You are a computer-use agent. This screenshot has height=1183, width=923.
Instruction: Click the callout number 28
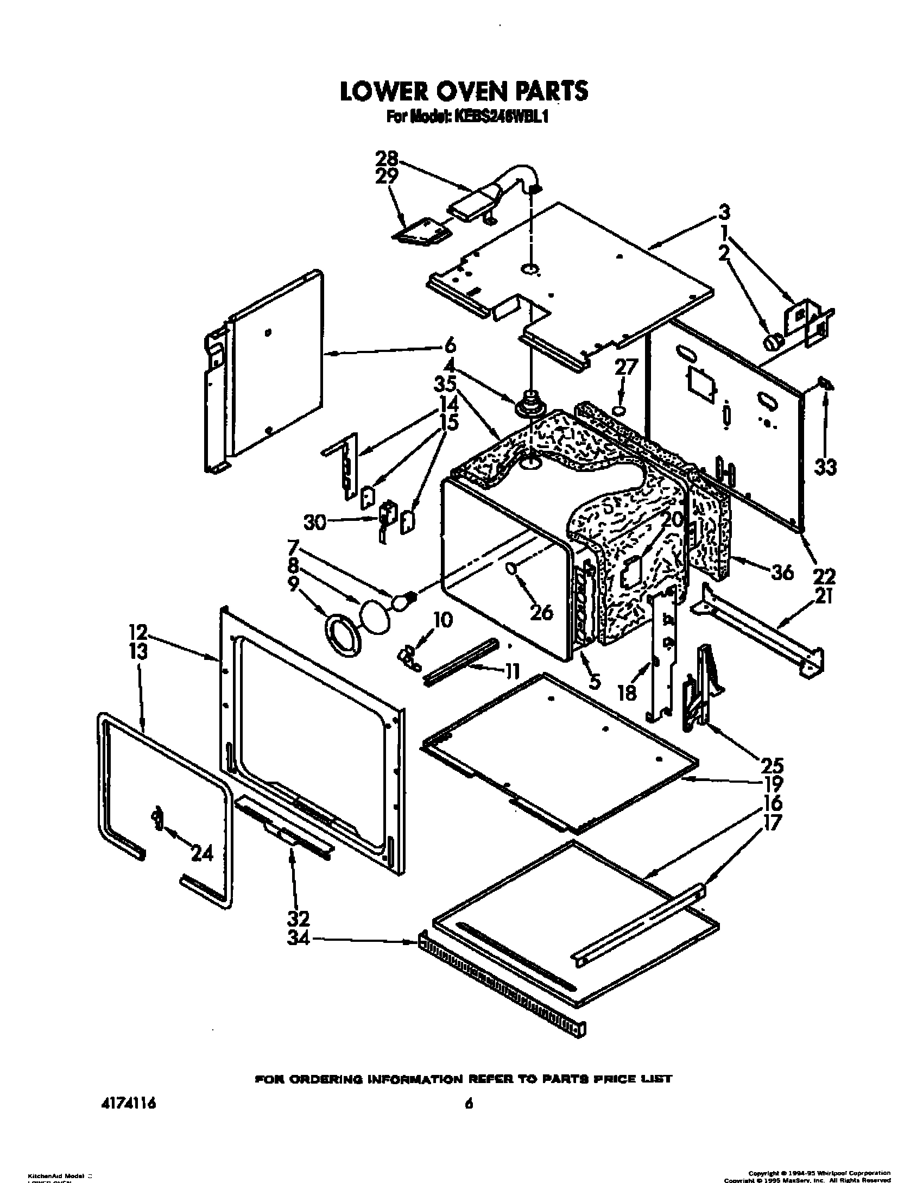[388, 159]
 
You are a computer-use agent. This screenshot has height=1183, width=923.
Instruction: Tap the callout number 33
[825, 467]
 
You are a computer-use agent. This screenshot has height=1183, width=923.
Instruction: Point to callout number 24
[202, 854]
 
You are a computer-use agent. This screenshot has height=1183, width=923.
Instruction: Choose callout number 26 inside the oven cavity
[541, 612]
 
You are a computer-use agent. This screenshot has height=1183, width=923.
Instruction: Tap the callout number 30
[316, 523]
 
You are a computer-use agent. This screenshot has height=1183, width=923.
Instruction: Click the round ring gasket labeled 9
[341, 633]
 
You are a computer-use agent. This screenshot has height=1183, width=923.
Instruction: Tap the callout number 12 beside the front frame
[138, 632]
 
